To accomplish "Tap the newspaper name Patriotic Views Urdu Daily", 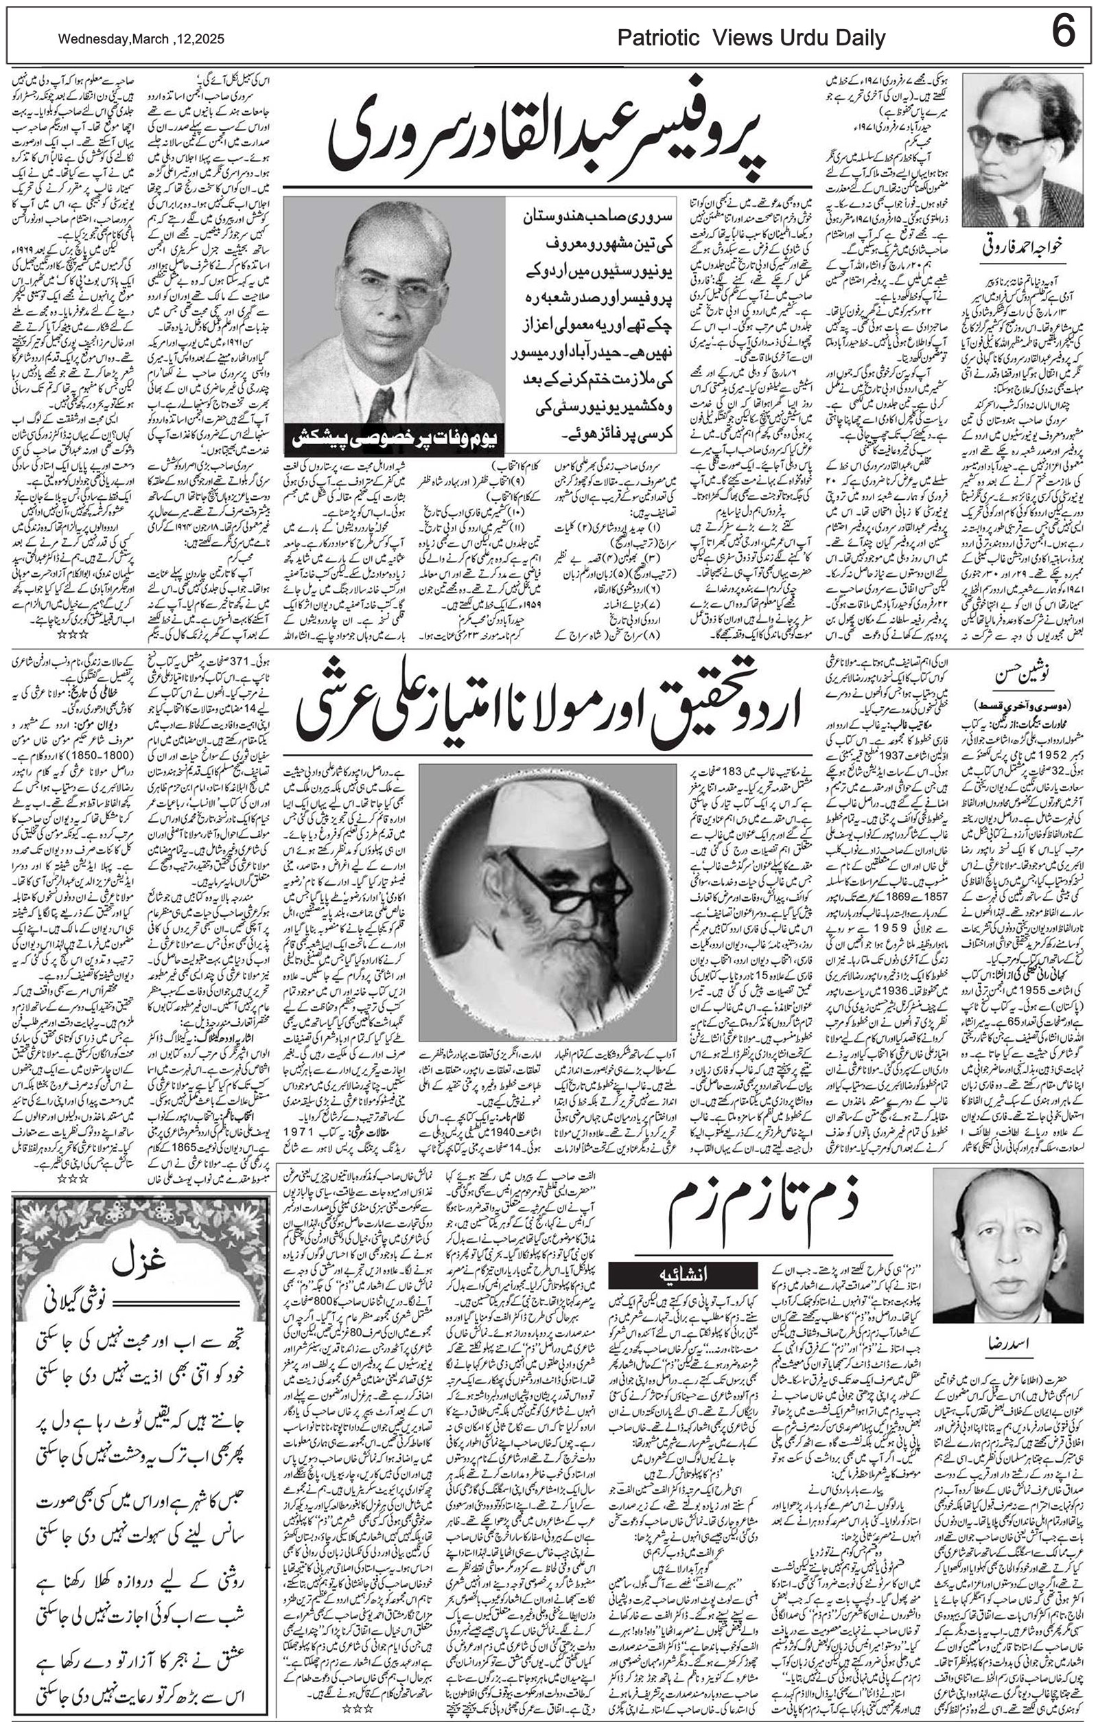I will coord(751,38).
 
